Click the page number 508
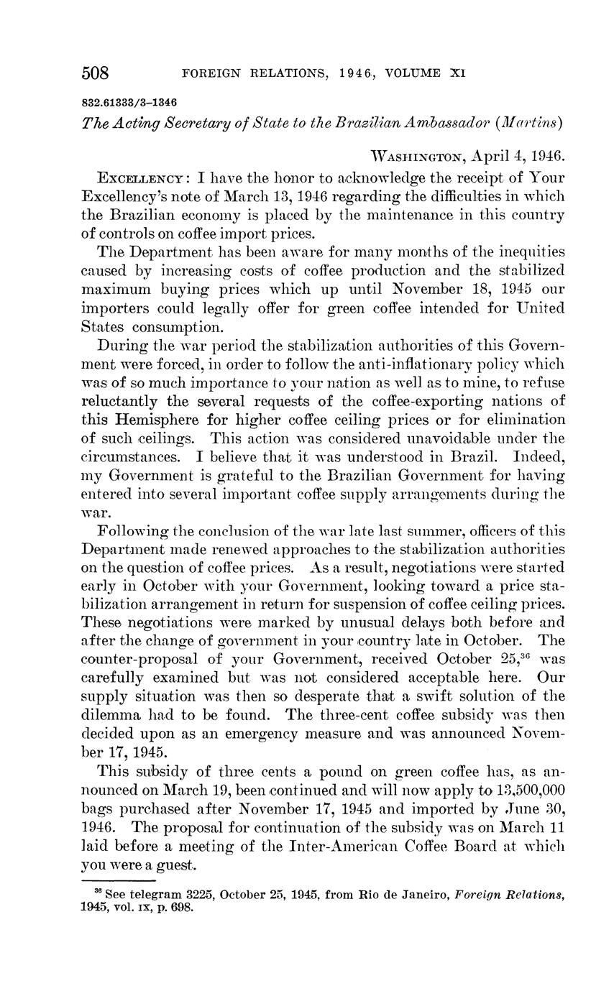pyautogui.click(x=95, y=73)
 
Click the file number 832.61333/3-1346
pyautogui.click(x=129, y=102)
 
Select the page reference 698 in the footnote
pyautogui.click(x=185, y=907)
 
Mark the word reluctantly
pyautogui.click(x=129, y=400)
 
